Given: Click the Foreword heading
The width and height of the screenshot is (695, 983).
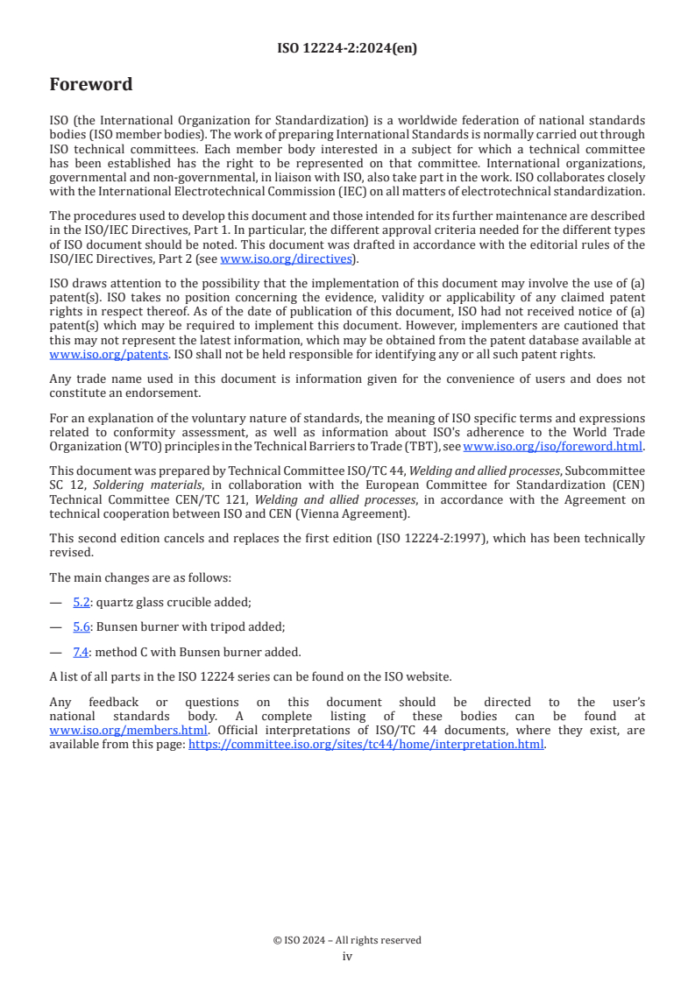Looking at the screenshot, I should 91,85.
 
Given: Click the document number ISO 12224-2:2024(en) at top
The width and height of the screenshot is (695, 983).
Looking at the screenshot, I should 347,48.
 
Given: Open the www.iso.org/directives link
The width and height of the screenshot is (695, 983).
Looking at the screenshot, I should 286,258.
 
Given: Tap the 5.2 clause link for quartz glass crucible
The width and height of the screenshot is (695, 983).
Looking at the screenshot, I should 82,602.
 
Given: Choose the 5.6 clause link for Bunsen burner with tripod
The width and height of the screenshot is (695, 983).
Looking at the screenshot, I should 82,626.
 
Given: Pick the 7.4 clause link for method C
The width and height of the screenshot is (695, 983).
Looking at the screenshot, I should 82,651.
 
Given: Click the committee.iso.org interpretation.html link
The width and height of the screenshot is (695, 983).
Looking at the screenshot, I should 366,745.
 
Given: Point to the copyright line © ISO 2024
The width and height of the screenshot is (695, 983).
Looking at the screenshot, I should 347,940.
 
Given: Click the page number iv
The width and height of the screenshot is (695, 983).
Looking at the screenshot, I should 347,956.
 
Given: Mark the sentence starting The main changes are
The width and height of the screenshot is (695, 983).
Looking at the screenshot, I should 139,577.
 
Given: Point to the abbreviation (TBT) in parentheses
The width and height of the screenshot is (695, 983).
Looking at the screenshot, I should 424,446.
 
